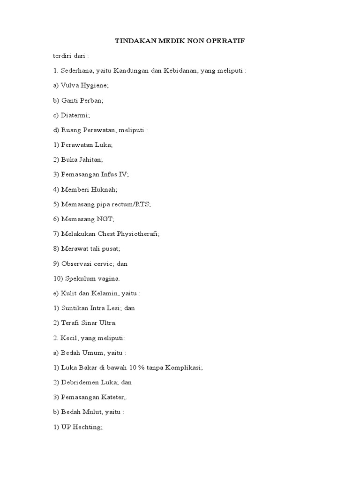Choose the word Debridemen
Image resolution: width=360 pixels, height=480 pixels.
[x=81, y=382]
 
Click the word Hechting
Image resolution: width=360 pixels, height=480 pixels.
[x=87, y=427]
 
